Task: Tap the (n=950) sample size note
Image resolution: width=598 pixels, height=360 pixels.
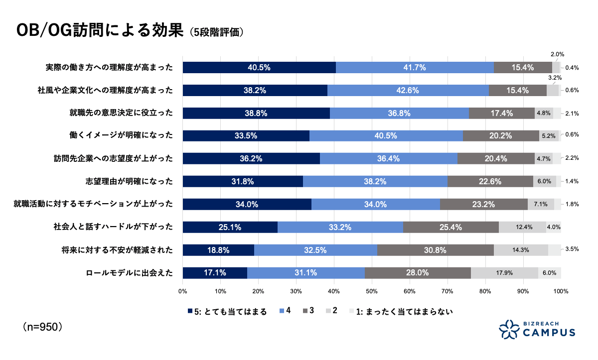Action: (x=42, y=327)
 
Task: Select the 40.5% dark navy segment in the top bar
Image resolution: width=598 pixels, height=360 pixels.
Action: (x=259, y=68)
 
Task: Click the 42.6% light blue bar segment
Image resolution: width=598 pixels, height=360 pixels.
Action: (x=408, y=91)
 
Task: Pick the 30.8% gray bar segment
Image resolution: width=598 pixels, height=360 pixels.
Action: (x=435, y=250)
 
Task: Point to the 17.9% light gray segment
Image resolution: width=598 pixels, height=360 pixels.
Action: (x=504, y=273)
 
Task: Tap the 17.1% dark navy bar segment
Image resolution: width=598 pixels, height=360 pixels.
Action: (x=215, y=273)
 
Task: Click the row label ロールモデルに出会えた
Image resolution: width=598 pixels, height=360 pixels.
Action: (x=129, y=273)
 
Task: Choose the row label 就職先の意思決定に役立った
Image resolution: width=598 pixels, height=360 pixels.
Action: (x=121, y=113)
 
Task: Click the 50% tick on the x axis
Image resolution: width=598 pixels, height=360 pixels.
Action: (x=372, y=291)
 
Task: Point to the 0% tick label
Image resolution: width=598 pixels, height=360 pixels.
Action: (x=183, y=291)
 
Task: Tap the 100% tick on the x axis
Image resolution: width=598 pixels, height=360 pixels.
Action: (x=561, y=291)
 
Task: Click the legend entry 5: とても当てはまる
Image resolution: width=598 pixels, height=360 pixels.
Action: (x=227, y=312)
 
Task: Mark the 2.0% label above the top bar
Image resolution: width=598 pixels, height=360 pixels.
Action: (x=557, y=55)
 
